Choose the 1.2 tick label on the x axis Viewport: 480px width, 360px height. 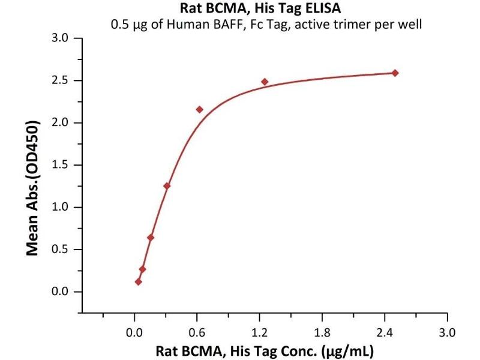click(260, 332)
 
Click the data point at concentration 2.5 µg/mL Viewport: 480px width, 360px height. click(395, 73)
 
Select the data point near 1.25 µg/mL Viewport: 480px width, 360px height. click(265, 82)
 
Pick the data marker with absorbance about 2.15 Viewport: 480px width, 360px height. click(200, 109)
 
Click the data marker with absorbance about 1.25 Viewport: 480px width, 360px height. click(167, 186)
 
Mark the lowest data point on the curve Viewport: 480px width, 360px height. click(139, 281)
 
